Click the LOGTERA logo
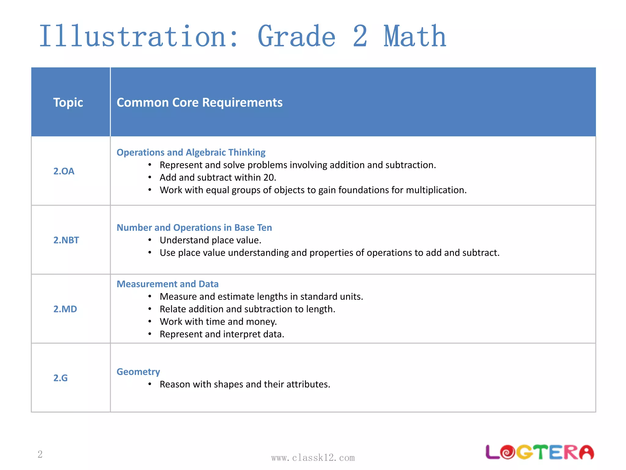coord(539,452)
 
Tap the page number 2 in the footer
coord(40,454)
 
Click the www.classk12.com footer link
coord(313,458)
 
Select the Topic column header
coord(68,102)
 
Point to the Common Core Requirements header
coord(199,102)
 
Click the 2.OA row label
coord(64,171)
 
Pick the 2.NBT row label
coord(66,240)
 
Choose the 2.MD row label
coord(65,309)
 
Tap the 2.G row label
coord(61,378)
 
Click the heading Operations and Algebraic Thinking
coord(191,152)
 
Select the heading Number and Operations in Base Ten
coord(194,228)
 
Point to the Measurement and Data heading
coord(168,284)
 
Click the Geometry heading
coord(138,372)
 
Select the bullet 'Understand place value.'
coord(210,240)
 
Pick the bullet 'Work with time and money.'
coord(218,322)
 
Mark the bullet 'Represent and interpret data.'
coord(222,334)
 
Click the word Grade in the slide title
coord(296,37)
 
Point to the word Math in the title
coord(415,37)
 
